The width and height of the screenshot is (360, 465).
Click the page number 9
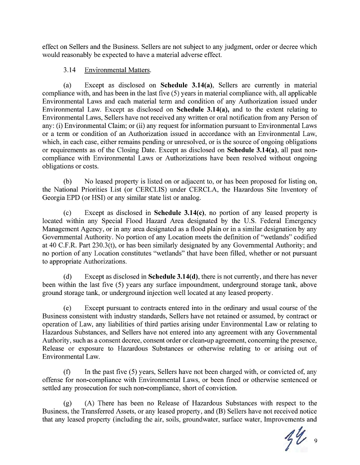[316, 440]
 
